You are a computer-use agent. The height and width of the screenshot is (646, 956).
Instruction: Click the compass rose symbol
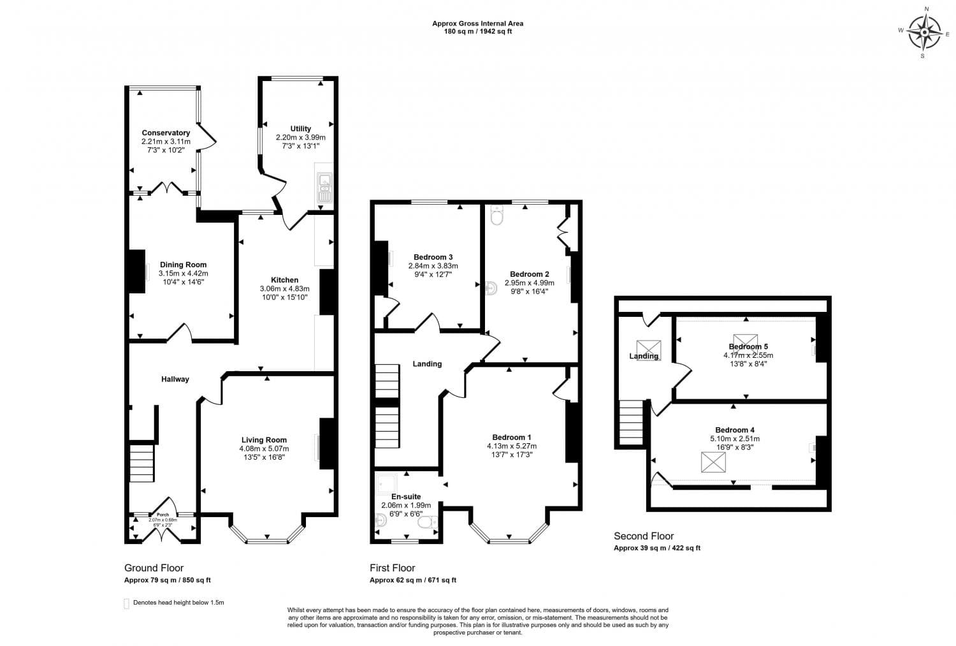[x=924, y=32]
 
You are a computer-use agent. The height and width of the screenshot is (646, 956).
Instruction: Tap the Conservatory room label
[x=166, y=133]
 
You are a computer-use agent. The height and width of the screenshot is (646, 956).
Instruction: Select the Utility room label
[x=300, y=128]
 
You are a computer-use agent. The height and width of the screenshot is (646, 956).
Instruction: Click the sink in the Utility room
[x=324, y=184]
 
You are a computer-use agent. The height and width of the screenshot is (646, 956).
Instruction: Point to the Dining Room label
[x=183, y=265]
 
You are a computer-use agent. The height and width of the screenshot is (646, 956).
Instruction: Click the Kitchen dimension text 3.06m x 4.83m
[x=284, y=288]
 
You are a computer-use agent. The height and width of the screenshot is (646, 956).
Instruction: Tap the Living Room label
[x=264, y=439]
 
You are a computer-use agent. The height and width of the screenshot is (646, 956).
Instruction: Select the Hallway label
[x=175, y=379]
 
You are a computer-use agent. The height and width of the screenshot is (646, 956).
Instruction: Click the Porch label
[x=163, y=515]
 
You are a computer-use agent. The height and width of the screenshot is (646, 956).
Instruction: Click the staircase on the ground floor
[x=142, y=463]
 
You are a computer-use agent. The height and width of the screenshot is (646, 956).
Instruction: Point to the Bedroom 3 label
[x=433, y=257]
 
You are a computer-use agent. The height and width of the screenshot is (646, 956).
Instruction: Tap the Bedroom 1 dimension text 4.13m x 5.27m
[x=511, y=446]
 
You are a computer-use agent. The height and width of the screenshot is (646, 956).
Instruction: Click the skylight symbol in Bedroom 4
[x=713, y=462]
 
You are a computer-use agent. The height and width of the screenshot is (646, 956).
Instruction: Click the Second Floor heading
[x=643, y=536]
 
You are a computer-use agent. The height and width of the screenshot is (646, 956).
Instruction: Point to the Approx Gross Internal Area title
[x=477, y=24]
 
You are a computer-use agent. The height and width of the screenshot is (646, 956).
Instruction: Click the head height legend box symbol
[x=126, y=603]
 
